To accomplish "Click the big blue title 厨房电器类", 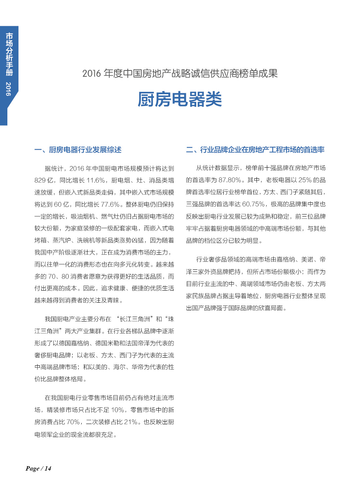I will (x=179, y=100).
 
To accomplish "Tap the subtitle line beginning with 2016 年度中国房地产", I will (x=180, y=73).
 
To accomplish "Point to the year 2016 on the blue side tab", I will (x=9, y=89).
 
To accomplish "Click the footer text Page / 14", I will (x=38, y=469).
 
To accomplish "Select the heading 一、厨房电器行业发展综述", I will (x=78, y=150).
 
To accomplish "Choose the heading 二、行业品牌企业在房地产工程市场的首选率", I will (x=255, y=150).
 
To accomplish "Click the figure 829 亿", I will (x=44, y=181).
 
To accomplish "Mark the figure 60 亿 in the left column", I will (x=62, y=204).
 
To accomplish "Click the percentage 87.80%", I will (x=229, y=180).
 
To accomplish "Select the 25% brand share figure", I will (x=305, y=180).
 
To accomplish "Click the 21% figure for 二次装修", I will (x=131, y=422).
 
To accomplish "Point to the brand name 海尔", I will (x=119, y=367).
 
